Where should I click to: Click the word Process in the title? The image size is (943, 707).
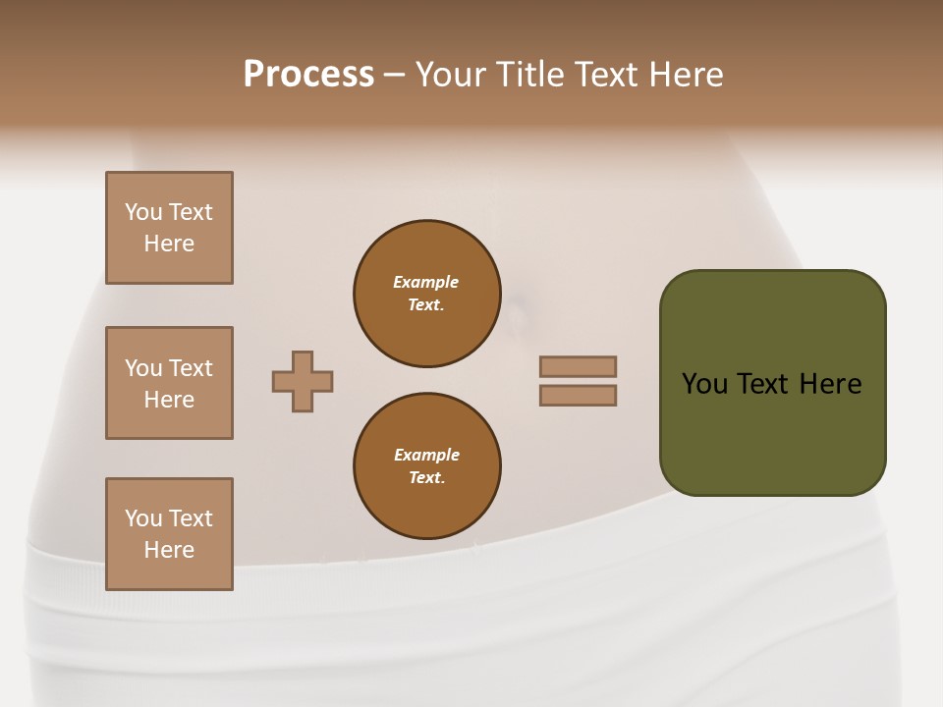tap(308, 74)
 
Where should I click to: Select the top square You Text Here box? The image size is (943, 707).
tap(169, 228)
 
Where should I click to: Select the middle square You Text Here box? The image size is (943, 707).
tap(169, 383)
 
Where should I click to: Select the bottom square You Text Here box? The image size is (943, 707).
tap(169, 534)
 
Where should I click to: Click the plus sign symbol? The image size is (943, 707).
tap(303, 381)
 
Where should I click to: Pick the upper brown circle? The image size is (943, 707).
tap(427, 294)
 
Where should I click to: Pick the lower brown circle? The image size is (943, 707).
tap(427, 466)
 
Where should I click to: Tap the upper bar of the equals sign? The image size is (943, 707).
tap(579, 367)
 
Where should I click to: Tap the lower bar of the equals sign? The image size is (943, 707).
tap(579, 396)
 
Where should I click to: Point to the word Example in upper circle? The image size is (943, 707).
tap(426, 282)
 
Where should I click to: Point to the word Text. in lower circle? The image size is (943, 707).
tap(427, 477)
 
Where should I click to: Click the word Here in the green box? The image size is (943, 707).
tap(830, 384)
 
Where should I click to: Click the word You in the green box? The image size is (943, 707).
tap(704, 384)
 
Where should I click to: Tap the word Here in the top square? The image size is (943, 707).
tap(169, 244)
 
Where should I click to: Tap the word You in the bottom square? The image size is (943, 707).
tap(143, 518)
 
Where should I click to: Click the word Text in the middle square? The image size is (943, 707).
tap(191, 368)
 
